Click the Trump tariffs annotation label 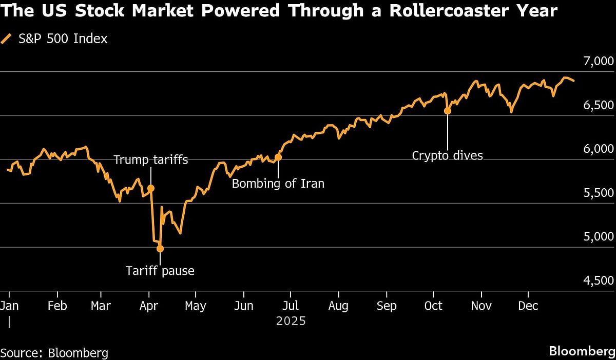tap(150, 160)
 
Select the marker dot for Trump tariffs tap(151, 189)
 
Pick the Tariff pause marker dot tap(160, 249)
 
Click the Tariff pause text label tap(160, 271)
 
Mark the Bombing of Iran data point tap(278, 157)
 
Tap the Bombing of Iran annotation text tap(278, 183)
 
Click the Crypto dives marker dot tap(447, 111)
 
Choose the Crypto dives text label tap(448, 155)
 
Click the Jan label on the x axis tap(9, 306)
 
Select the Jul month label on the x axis tap(291, 306)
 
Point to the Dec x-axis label tap(528, 306)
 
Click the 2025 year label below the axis tap(291, 322)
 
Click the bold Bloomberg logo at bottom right tap(581, 352)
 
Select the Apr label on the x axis tap(148, 306)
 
